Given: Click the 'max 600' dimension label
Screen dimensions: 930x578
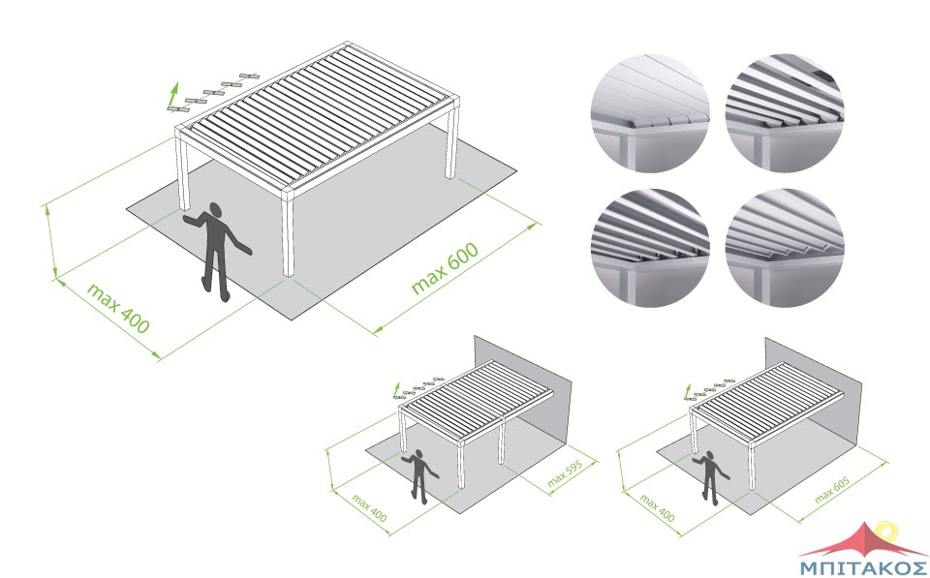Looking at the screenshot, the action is point(445,268).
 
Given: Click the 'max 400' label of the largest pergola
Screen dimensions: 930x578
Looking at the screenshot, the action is point(118,308).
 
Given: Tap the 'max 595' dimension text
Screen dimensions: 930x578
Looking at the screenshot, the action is point(565,473).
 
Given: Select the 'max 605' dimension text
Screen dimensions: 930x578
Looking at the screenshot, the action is point(832,490).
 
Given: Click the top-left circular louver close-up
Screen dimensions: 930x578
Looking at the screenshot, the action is point(650,113).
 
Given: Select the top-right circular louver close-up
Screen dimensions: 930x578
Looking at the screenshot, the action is point(785,113).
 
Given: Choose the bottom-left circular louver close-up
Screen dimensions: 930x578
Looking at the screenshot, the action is point(650,248).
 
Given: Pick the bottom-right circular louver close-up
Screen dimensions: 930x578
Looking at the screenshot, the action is point(785,248).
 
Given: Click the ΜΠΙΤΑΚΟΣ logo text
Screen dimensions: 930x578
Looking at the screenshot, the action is point(863,566).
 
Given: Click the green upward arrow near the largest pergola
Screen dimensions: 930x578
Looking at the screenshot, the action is point(173,94).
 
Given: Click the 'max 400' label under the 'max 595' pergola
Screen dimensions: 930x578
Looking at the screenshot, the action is point(369,508).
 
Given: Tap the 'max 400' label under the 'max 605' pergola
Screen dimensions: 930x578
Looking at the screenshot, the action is point(657,508).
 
